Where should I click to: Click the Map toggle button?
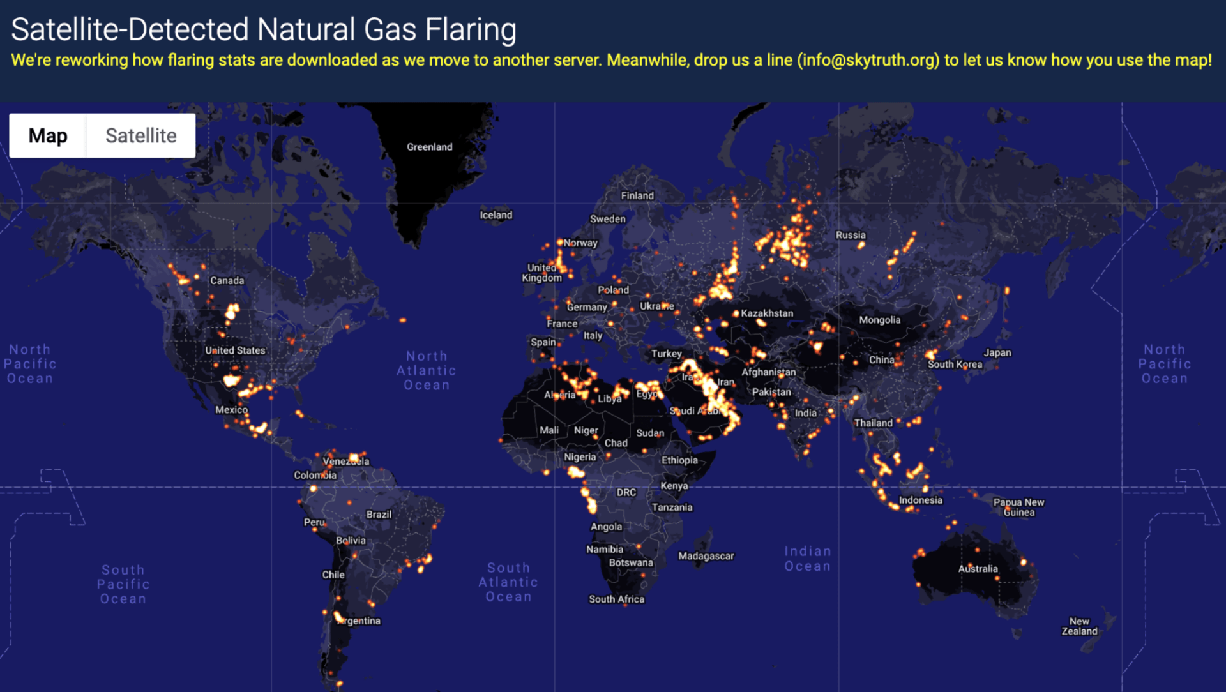(48, 135)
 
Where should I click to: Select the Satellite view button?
(141, 135)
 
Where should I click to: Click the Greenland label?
(430, 147)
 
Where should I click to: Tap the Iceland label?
(496, 215)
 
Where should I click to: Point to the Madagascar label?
(706, 556)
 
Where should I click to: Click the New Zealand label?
(1080, 626)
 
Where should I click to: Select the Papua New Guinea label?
(1019, 507)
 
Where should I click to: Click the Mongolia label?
(880, 320)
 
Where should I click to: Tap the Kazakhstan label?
(767, 313)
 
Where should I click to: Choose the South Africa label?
(617, 599)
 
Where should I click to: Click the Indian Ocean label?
(808, 559)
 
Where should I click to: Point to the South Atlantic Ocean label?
(508, 582)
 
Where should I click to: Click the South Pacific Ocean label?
(123, 584)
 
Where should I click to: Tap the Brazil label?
(379, 515)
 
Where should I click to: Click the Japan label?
(997, 352)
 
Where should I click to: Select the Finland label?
(637, 196)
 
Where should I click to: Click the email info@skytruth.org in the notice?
(868, 60)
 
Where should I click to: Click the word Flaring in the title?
(471, 29)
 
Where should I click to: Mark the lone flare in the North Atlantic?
(403, 320)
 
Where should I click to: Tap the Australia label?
(978, 569)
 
